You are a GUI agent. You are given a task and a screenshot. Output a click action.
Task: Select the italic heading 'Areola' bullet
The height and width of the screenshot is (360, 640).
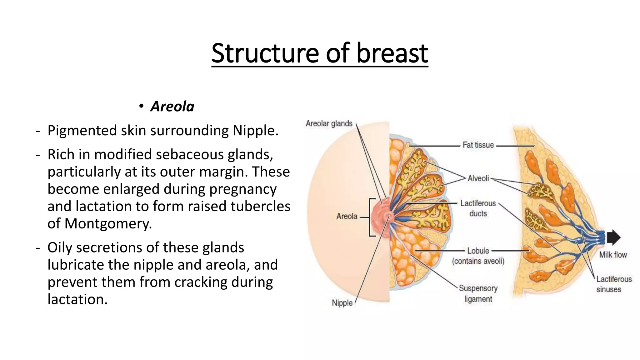click(172, 107)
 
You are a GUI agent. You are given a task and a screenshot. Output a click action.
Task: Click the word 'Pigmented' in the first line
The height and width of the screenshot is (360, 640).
click(82, 130)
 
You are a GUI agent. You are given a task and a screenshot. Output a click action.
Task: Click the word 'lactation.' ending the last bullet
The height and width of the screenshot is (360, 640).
click(77, 299)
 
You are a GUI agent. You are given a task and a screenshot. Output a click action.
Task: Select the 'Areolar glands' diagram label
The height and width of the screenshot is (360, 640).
click(329, 123)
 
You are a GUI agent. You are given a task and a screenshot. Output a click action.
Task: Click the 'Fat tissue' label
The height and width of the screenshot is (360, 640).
click(478, 145)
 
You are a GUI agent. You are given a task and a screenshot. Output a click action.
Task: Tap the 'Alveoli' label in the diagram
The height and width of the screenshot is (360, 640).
click(478, 178)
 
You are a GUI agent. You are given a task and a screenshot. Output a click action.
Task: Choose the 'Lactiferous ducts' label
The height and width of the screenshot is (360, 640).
click(478, 208)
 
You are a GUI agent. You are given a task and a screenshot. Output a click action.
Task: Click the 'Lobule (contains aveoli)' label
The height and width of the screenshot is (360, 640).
click(478, 256)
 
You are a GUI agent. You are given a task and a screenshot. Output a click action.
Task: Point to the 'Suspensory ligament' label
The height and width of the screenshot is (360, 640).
click(478, 293)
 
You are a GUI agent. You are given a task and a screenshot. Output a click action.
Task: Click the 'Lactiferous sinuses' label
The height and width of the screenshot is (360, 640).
click(614, 284)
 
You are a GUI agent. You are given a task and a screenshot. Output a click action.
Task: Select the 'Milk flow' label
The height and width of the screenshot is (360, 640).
click(613, 255)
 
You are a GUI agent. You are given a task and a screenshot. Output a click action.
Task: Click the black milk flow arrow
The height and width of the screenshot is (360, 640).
click(613, 237)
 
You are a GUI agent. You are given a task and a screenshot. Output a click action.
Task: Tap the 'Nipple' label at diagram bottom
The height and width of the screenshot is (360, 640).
click(342, 303)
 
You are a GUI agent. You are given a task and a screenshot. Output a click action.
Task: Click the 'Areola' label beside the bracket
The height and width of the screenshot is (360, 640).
click(347, 216)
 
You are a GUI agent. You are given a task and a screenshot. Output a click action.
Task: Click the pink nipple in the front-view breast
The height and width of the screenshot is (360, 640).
click(388, 216)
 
